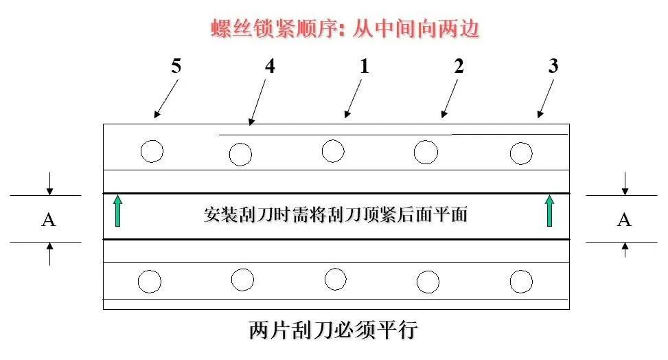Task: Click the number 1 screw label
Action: point(365,66)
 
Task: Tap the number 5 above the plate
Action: point(176,66)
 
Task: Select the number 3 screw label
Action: point(553,66)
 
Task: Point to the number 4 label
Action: point(270,66)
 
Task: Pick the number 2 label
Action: point(459,66)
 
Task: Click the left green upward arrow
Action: point(118,211)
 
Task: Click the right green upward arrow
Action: point(549,211)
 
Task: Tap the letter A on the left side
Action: point(49,220)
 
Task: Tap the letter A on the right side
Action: point(624,220)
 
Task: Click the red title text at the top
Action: point(345,29)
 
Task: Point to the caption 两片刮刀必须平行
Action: point(333,330)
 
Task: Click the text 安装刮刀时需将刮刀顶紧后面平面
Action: point(336,214)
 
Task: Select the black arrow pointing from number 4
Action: point(257,102)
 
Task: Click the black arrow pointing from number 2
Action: point(450,98)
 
